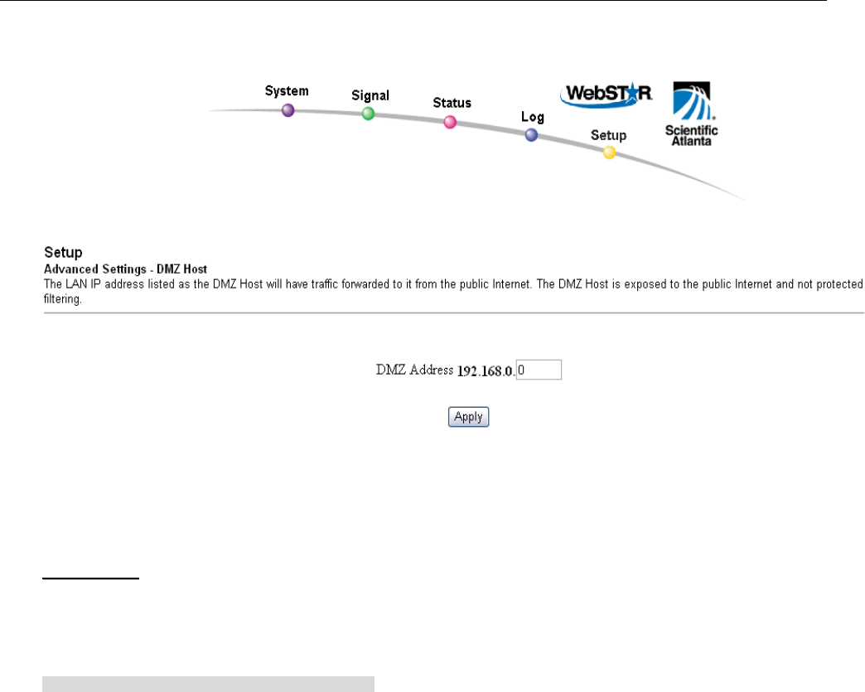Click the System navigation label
[287, 90]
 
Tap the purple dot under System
[288, 110]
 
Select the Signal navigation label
[370, 96]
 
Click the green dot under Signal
[369, 114]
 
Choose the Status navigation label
[452, 103]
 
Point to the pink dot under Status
[450, 122]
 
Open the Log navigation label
[533, 117]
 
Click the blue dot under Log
[531, 134]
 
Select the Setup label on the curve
[608, 134]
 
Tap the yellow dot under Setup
[609, 152]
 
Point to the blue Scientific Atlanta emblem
[692, 102]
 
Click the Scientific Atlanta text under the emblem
[692, 135]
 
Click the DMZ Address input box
[539, 370]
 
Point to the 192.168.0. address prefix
[486, 370]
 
